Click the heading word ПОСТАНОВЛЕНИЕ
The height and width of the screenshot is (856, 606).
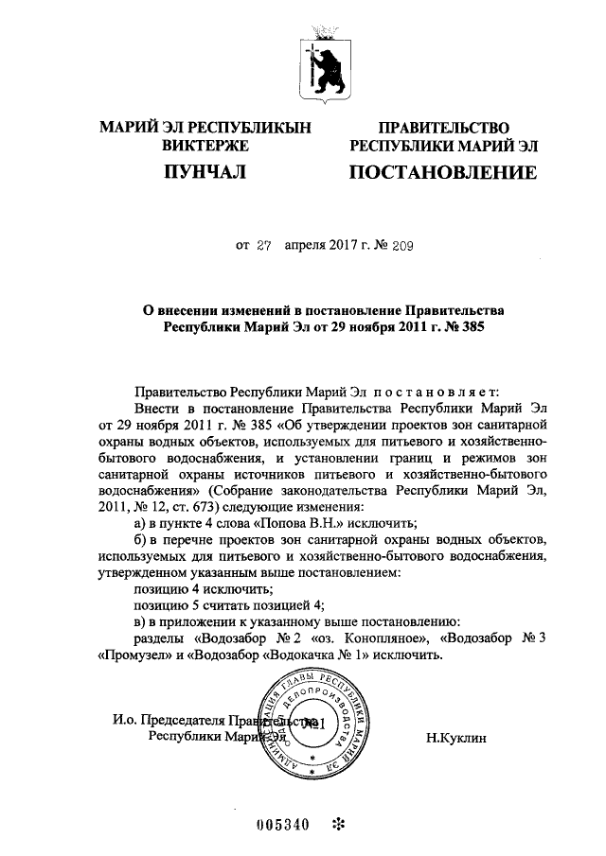(x=443, y=173)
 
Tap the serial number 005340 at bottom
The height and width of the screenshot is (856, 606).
(x=283, y=823)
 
